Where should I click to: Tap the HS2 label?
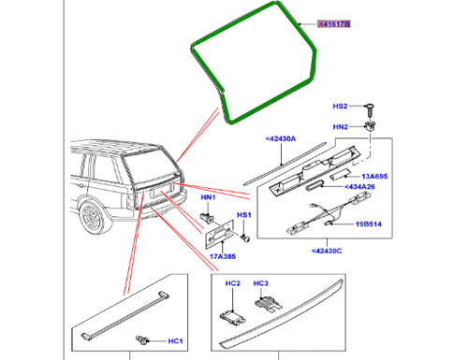(x=342, y=108)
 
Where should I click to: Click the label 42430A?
(x=280, y=138)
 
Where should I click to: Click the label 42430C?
(x=326, y=252)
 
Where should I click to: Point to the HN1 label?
(x=207, y=197)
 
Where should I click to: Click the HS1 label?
(x=242, y=215)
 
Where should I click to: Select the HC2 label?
(x=233, y=281)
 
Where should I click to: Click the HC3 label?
(x=261, y=281)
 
